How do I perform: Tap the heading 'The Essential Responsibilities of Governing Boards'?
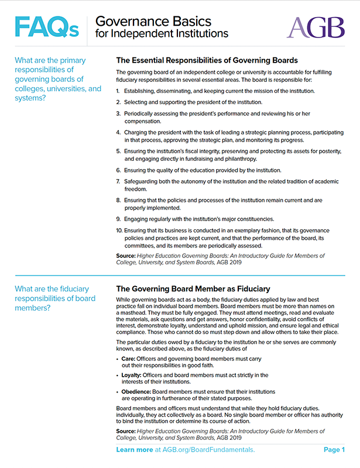point(207,60)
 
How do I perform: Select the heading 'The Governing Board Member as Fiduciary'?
point(193,288)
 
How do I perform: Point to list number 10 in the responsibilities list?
point(119,231)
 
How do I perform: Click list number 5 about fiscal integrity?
point(119,151)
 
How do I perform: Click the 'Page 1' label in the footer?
point(334,450)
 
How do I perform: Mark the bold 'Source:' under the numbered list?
point(126,256)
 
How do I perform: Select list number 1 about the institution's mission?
point(118,91)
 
